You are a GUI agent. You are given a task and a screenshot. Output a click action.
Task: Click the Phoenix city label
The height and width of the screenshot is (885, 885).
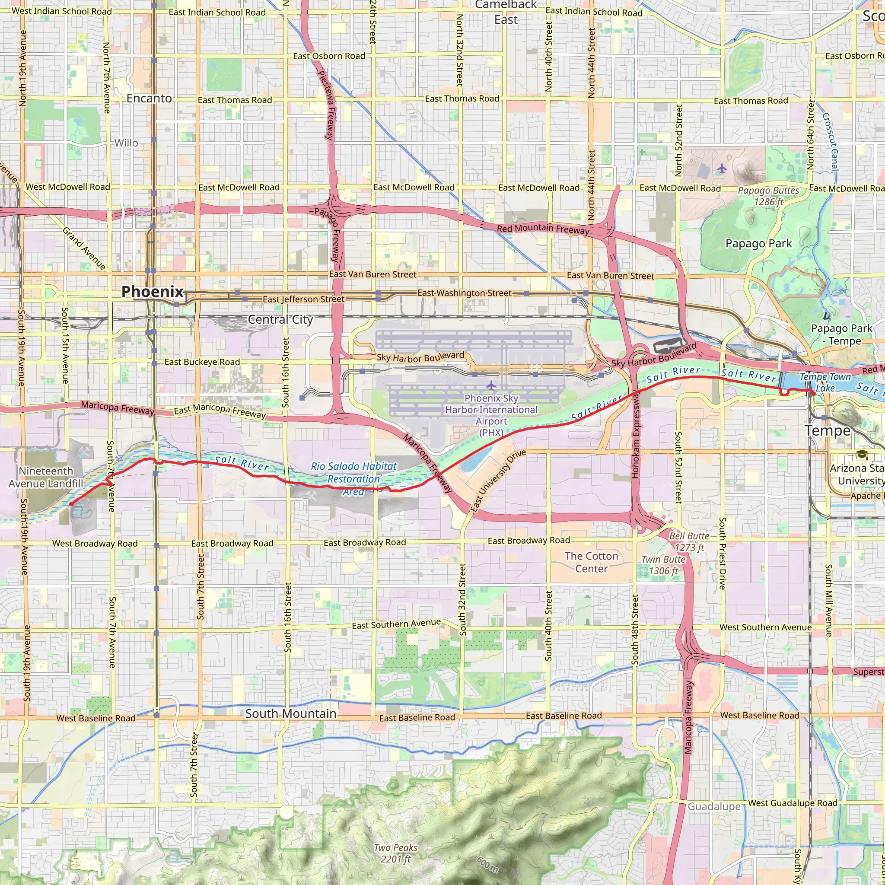pyautogui.click(x=152, y=292)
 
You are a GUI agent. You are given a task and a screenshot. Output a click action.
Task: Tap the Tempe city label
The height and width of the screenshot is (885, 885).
pyautogui.click(x=827, y=430)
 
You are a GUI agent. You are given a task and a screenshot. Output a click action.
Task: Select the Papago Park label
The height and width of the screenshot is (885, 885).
pyautogui.click(x=758, y=243)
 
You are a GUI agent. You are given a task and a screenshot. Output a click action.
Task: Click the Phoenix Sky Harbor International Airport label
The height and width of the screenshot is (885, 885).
pyautogui.click(x=491, y=415)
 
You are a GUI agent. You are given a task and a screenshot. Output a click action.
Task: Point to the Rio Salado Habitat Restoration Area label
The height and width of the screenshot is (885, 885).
pyautogui.click(x=353, y=479)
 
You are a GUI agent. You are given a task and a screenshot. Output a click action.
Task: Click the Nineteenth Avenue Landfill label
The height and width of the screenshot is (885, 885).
pyautogui.click(x=46, y=478)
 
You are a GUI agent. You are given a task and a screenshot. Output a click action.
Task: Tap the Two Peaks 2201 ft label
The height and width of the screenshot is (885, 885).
pyautogui.click(x=395, y=853)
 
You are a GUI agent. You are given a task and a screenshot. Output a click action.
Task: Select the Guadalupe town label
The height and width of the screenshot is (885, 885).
pyautogui.click(x=714, y=806)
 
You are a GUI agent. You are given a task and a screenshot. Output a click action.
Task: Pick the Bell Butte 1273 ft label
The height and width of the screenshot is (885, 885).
pyautogui.click(x=689, y=541)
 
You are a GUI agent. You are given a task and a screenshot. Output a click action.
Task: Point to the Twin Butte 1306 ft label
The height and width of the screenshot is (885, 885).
pyautogui.click(x=663, y=565)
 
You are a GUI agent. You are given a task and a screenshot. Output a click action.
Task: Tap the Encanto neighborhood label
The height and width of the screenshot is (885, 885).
pyautogui.click(x=149, y=99)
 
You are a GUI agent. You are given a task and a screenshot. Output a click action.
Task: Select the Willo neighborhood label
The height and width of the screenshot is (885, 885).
pyautogui.click(x=126, y=143)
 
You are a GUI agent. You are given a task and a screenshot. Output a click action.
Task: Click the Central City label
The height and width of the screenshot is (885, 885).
pyautogui.click(x=280, y=319)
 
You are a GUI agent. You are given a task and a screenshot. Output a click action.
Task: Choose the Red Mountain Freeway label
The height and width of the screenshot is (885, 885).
pyautogui.click(x=543, y=229)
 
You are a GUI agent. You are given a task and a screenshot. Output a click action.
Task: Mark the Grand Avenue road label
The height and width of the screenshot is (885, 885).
pyautogui.click(x=84, y=248)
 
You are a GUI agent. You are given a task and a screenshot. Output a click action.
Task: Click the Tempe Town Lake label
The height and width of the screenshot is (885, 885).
pyautogui.click(x=825, y=382)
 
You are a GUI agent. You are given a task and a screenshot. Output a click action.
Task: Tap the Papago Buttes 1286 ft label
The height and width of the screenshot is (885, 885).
pyautogui.click(x=768, y=196)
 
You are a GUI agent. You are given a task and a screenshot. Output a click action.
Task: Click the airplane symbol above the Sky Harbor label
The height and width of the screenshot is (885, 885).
pyautogui.click(x=491, y=385)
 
